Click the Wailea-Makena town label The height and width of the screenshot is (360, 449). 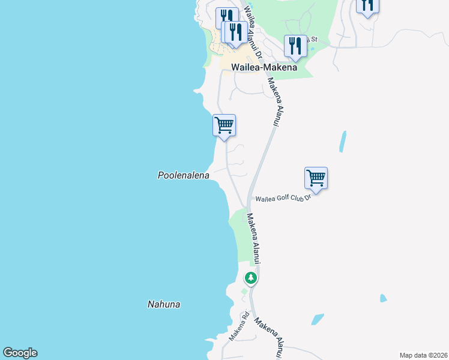coord(264,68)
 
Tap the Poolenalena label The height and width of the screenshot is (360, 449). coord(183,176)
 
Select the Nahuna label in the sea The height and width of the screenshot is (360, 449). coord(164,304)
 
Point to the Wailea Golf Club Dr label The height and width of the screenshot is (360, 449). coord(283,198)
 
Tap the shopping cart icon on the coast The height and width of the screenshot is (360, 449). coord(224,125)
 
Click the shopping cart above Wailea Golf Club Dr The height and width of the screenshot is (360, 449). coord(316,178)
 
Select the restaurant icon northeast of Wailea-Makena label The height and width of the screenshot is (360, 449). coord(295,46)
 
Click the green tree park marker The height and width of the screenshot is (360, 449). coord(251,278)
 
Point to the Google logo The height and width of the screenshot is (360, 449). coord(20,353)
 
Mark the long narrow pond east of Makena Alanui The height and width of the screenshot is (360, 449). coord(343,142)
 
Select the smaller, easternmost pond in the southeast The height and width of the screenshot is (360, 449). coord(383,298)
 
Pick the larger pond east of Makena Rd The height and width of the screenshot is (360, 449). coord(317,319)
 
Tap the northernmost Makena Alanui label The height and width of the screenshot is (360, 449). coord(273,102)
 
